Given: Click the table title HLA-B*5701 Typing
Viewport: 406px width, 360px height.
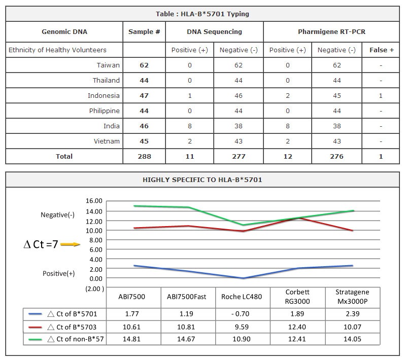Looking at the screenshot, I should point(202,14).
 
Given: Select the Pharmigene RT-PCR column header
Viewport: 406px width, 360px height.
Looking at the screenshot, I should point(331,31).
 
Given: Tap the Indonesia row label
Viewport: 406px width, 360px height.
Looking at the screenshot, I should point(104,95).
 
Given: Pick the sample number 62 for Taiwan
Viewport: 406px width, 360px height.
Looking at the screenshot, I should point(144,65).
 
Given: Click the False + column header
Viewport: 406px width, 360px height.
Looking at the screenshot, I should point(381,50).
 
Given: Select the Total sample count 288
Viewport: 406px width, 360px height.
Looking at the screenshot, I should point(144,156).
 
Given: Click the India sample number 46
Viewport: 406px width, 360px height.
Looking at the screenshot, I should point(144,126).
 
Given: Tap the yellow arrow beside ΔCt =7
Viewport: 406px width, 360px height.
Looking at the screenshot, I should point(70,244).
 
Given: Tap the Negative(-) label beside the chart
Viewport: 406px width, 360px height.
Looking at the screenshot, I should point(57,215).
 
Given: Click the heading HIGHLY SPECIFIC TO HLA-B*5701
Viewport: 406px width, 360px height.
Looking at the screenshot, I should point(202,180).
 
